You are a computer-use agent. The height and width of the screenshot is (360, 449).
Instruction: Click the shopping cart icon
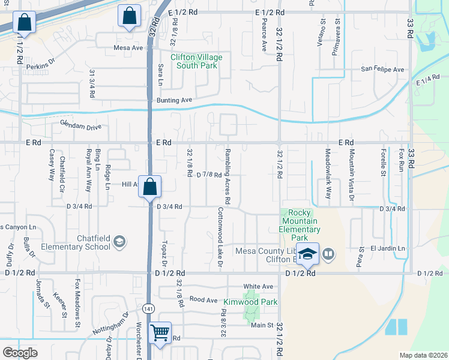(x=160, y=332)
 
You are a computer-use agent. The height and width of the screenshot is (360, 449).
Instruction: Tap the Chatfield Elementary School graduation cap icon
(x=119, y=241)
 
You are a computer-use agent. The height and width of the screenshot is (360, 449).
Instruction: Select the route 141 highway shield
(x=149, y=308)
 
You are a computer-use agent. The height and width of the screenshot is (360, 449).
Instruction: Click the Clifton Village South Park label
(x=196, y=61)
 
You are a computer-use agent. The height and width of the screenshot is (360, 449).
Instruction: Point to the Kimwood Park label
(x=250, y=302)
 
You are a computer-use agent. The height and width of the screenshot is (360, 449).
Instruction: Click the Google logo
(x=20, y=352)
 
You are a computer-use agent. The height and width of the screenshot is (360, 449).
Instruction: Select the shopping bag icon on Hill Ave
(x=149, y=186)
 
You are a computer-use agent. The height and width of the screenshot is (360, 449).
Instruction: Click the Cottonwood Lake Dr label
(x=220, y=238)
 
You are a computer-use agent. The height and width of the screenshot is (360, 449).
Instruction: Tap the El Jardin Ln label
(x=388, y=248)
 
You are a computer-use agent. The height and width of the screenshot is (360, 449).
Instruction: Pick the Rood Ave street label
(x=203, y=299)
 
